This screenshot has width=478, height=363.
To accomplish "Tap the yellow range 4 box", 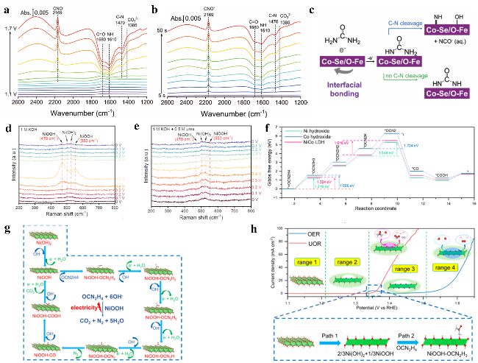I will pyautogui.click(x=443, y=244).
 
